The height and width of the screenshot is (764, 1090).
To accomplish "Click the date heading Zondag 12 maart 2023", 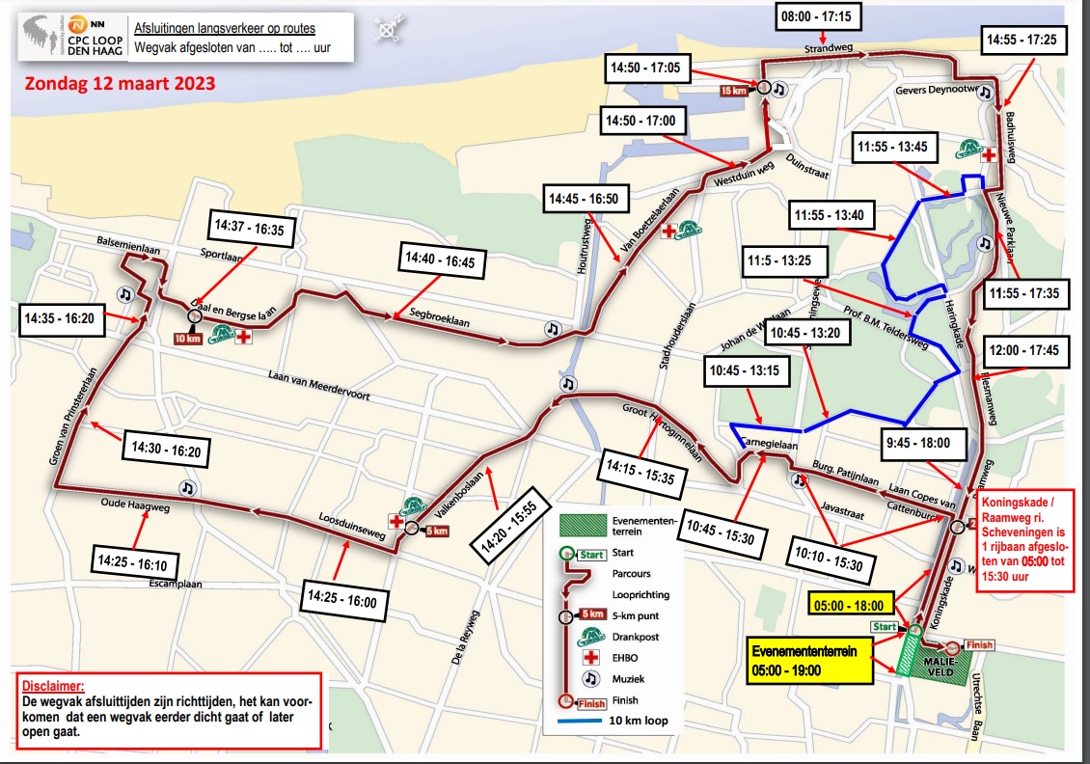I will (119, 83).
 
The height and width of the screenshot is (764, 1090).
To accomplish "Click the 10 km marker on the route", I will (186, 338).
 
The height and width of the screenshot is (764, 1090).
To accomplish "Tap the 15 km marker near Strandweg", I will (735, 91).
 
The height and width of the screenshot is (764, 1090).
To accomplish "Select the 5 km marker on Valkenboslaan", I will (436, 530).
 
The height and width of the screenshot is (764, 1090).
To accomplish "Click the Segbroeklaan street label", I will (439, 318).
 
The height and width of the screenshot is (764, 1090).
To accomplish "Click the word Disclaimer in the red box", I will (53, 686).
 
